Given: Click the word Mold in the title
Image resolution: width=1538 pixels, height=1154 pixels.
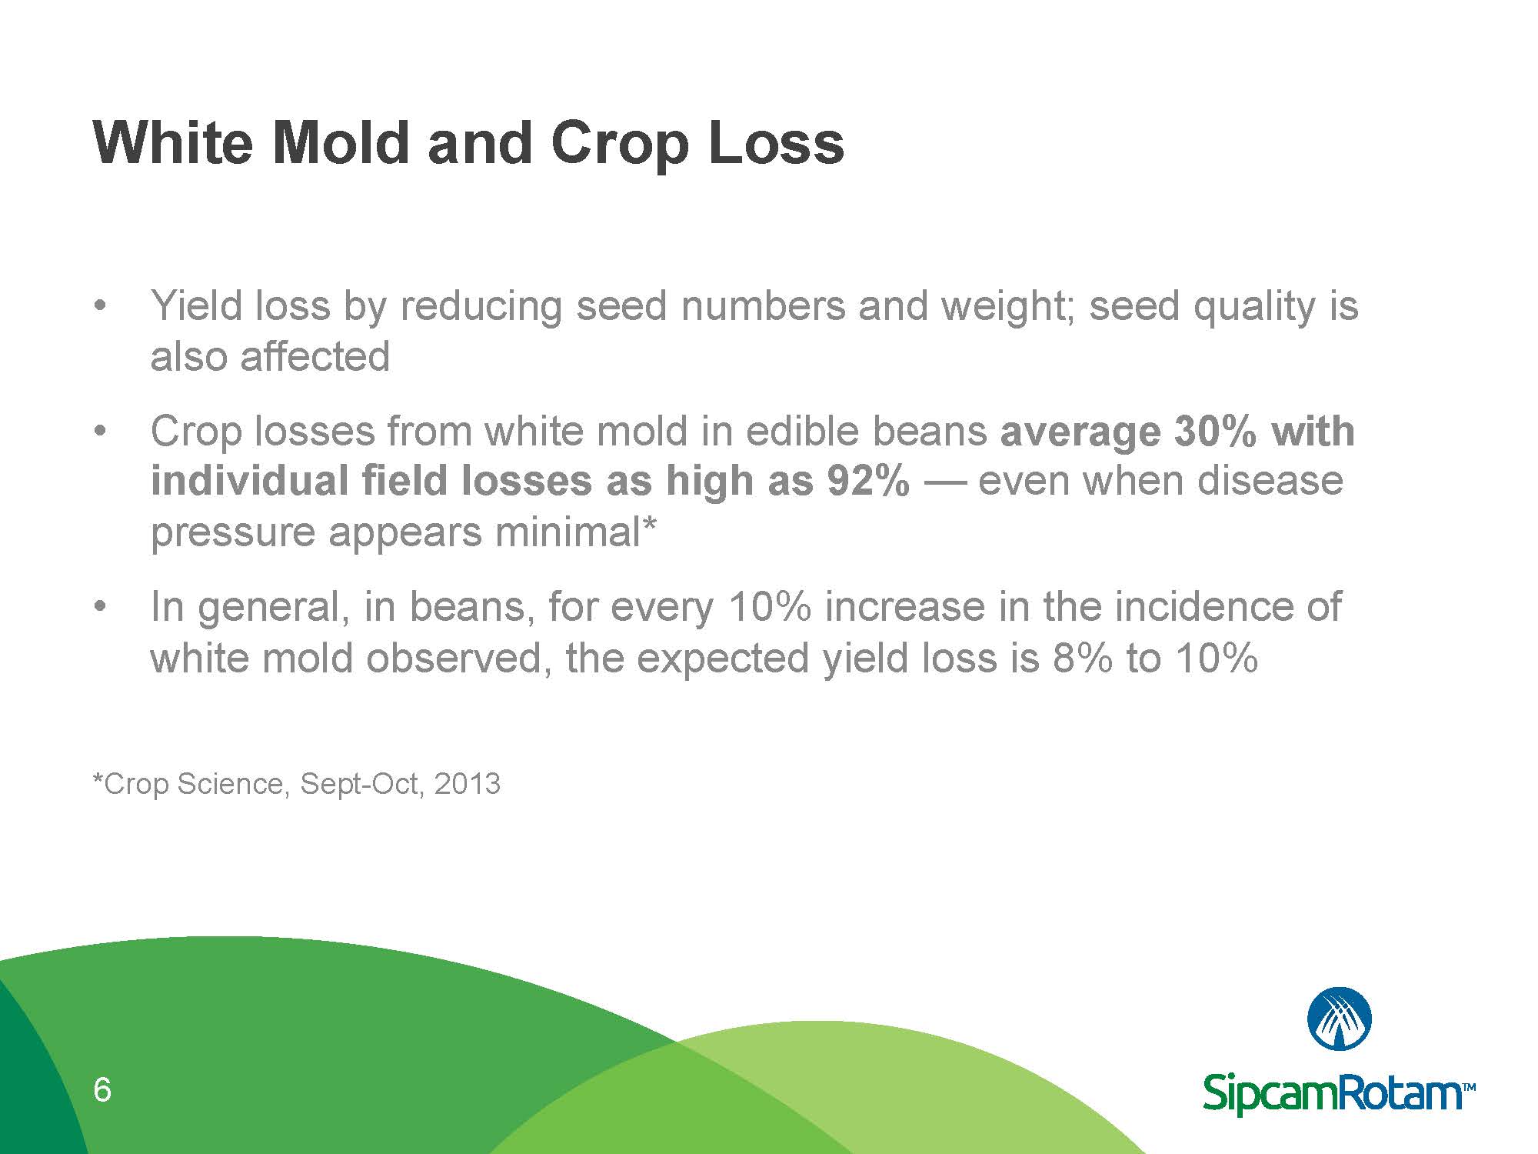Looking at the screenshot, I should click(340, 143).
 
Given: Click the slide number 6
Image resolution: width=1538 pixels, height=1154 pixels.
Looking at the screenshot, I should click(102, 1090).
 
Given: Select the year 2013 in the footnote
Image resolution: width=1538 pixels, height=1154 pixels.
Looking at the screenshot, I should click(467, 784).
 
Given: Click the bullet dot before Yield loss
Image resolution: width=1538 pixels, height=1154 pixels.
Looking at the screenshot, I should click(98, 305).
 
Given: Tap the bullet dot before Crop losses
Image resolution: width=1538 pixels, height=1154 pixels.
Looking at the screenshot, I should click(98, 431).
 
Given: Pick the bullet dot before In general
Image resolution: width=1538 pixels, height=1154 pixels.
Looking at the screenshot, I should click(98, 607).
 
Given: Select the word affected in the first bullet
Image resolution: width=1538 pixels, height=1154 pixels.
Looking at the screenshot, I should click(315, 356).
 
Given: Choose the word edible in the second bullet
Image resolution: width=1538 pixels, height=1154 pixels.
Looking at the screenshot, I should click(802, 431).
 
